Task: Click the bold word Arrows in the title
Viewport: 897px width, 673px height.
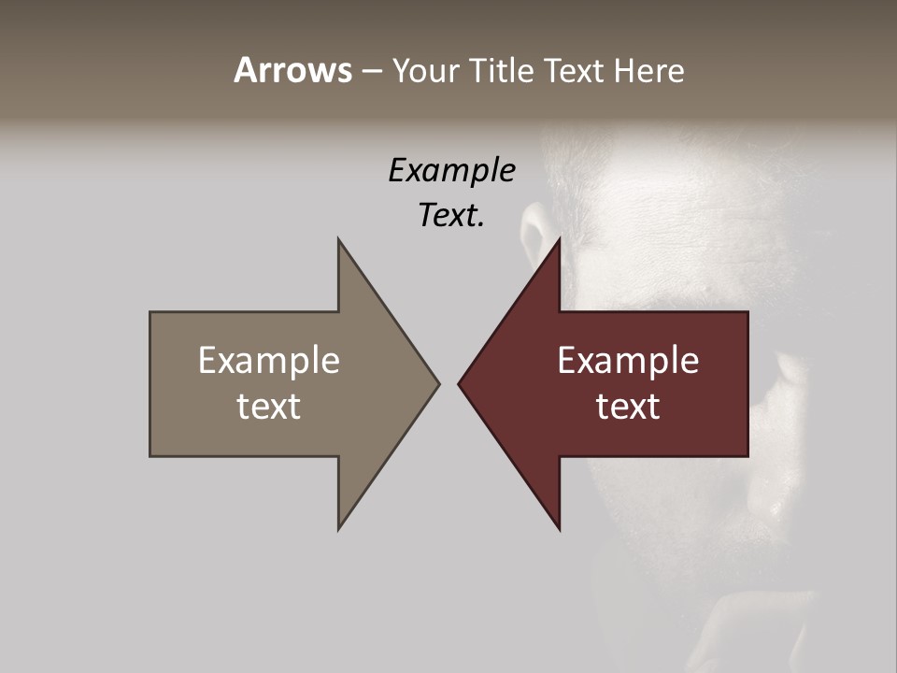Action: tap(292, 70)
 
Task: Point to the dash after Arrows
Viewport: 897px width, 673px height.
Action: tap(371, 71)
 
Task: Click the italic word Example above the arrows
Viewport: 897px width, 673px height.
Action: tap(451, 170)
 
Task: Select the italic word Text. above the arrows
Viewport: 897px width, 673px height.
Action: tap(451, 215)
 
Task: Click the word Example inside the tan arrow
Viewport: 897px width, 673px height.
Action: tap(269, 360)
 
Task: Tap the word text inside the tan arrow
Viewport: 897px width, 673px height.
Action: tap(269, 406)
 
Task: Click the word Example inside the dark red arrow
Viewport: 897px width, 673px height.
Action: tap(628, 360)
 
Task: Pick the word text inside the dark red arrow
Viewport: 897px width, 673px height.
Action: tap(628, 406)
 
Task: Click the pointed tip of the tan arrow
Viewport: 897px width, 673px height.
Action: tap(438, 383)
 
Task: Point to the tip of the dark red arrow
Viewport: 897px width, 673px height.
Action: tap(459, 383)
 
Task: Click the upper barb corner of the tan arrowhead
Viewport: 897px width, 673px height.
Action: tap(338, 239)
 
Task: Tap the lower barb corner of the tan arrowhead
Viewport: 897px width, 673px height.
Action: tap(338, 529)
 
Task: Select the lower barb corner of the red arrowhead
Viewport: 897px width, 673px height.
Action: tap(560, 529)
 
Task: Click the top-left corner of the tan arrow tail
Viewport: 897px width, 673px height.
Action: tap(150, 312)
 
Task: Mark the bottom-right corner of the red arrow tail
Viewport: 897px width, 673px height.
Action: tap(747, 455)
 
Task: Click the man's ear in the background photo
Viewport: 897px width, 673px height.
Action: tap(534, 234)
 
